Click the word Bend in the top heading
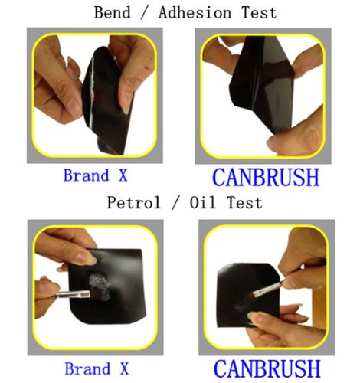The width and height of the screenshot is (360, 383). coord(112,13)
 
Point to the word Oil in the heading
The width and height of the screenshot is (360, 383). coord(198,202)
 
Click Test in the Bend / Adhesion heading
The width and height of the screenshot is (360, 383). coord(254,13)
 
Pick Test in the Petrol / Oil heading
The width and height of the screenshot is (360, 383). coord(243,202)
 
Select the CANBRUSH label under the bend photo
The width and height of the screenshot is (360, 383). coord(265,176)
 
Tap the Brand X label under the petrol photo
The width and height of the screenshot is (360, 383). coord(96,368)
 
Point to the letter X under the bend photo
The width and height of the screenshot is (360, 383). coord(123,175)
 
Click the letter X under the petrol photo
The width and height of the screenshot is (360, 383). coord(123,368)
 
